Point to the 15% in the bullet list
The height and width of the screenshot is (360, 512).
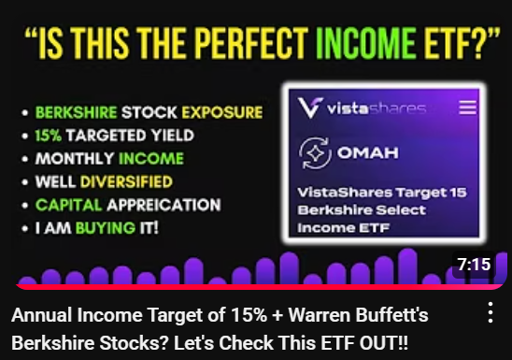50,135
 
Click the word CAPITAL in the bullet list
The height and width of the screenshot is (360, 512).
66,205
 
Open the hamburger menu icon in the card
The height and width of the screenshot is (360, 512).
468,108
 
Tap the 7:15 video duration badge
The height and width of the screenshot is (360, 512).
475,265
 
